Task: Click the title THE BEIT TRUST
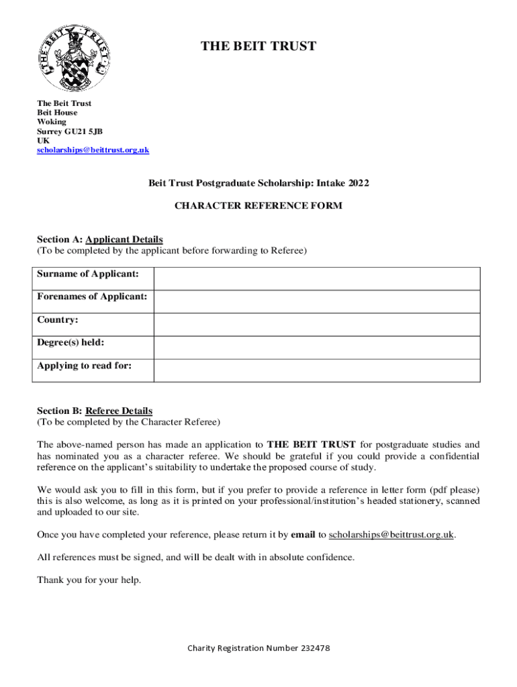[258, 46]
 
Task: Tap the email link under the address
[93, 150]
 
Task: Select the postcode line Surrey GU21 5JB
[70, 131]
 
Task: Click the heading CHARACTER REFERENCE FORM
[258, 206]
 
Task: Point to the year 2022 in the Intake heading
[357, 183]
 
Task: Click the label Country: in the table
[58, 320]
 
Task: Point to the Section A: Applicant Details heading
[100, 240]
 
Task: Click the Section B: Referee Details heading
[95, 411]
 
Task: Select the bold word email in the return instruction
[303, 535]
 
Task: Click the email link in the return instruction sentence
[391, 535]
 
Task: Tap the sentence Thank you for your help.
[89, 580]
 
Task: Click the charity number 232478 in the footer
[312, 649]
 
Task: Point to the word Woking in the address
[52, 122]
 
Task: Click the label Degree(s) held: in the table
[70, 343]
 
